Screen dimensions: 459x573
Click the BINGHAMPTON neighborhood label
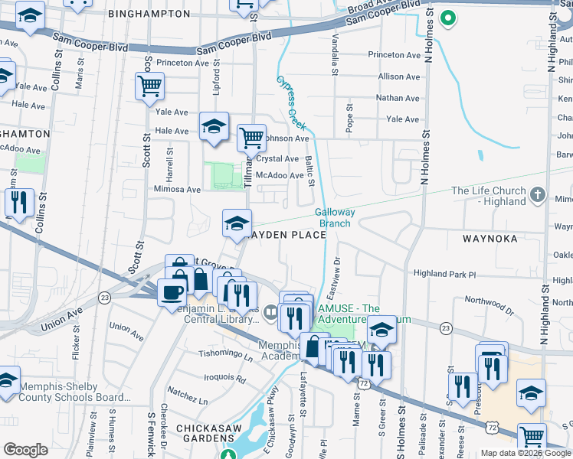click(x=149, y=14)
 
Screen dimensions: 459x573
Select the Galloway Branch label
click(x=334, y=218)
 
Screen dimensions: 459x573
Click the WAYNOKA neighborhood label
click(x=490, y=239)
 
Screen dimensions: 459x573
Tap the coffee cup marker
click(x=171, y=291)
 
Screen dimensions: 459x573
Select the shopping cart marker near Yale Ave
click(x=149, y=86)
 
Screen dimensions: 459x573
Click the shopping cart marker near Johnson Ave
click(x=250, y=138)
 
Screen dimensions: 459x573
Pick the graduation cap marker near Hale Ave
click(x=214, y=127)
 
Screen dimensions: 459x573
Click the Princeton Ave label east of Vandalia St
click(x=395, y=55)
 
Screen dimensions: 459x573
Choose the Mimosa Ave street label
click(x=177, y=189)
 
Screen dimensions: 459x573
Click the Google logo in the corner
click(x=26, y=450)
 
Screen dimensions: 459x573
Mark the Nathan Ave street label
click(x=398, y=98)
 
